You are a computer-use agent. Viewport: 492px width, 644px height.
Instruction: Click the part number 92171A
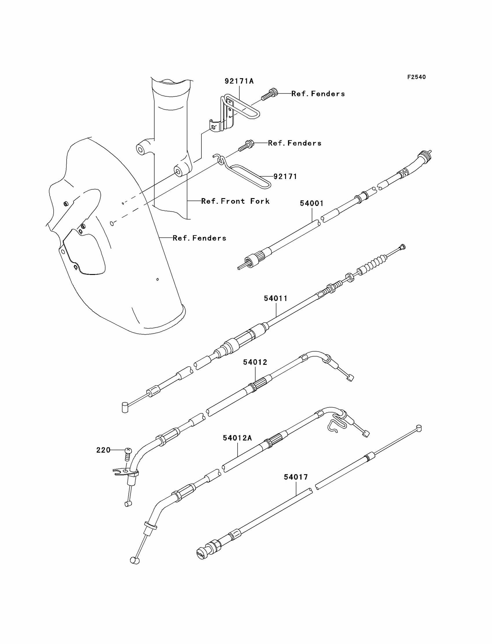(x=239, y=81)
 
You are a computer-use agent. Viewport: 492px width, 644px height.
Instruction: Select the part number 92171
(x=285, y=176)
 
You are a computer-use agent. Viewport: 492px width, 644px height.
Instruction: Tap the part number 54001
(x=312, y=203)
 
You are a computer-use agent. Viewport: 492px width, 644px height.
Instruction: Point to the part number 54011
(x=276, y=298)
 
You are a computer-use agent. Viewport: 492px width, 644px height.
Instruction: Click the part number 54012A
(x=237, y=438)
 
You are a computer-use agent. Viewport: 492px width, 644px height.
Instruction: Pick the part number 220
(x=103, y=450)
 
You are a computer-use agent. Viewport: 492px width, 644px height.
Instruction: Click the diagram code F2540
(x=416, y=77)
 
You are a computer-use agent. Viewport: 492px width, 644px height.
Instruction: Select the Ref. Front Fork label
(x=235, y=201)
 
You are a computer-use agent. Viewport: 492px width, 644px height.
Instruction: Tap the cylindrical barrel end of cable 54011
(x=125, y=408)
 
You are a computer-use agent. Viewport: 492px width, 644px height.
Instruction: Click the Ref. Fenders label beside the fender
(x=199, y=238)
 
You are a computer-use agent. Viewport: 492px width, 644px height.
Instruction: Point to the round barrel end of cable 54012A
(x=135, y=560)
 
